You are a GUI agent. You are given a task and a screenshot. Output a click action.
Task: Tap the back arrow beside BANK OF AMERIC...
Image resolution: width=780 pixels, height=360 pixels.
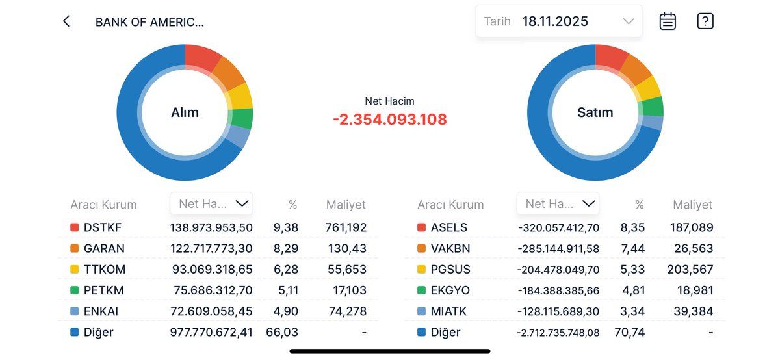[x=66, y=21]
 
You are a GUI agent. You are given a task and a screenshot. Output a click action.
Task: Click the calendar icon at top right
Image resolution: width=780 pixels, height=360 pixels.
[x=668, y=21]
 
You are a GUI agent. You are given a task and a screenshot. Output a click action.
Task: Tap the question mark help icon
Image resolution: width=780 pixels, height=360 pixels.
[x=705, y=21]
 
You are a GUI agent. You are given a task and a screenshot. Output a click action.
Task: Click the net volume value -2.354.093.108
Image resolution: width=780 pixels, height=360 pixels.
[x=389, y=120]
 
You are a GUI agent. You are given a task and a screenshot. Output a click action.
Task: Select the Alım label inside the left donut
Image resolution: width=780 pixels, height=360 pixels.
[x=185, y=112]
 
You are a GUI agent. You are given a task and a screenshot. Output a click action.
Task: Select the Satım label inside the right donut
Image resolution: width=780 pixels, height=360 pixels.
[x=595, y=112]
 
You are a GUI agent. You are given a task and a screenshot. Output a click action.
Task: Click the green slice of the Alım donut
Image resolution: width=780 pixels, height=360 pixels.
[x=241, y=118]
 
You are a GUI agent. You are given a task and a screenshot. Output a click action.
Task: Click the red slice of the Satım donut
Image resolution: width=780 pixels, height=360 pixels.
[x=611, y=57]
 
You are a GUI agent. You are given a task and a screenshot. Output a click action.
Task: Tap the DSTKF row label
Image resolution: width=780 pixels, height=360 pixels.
[x=103, y=227]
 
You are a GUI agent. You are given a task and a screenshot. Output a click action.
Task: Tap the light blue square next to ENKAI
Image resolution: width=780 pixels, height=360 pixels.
[x=74, y=311]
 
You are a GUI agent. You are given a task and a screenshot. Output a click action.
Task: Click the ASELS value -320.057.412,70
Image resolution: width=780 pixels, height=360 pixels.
[x=558, y=227]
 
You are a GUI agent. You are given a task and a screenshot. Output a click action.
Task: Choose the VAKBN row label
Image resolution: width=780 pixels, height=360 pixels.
[x=450, y=248]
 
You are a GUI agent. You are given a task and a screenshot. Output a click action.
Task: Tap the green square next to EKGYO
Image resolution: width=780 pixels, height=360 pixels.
[x=421, y=290]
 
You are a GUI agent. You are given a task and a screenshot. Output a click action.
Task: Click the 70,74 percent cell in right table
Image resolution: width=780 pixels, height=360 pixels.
[x=629, y=332]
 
